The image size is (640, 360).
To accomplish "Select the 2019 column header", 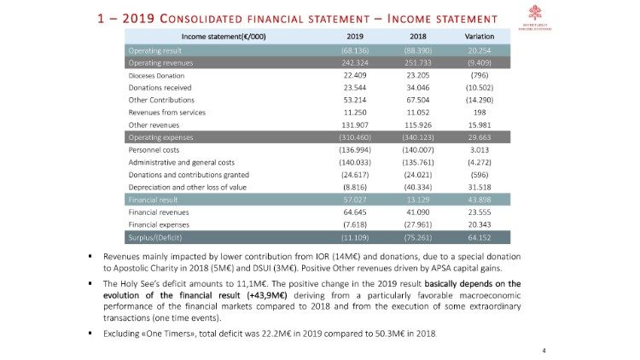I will (356, 36).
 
